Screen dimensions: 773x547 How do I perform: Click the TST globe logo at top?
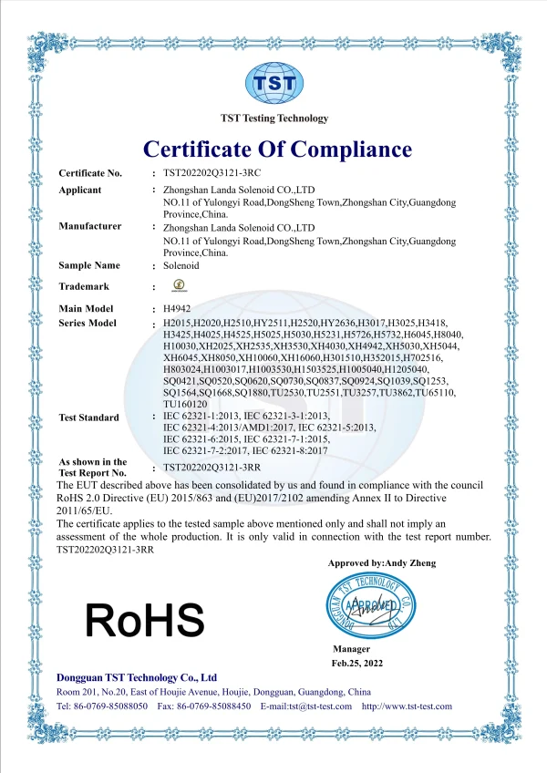coord(274,83)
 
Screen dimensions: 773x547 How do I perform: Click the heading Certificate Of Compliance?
coord(277,149)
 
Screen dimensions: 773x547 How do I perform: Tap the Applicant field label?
coord(81,190)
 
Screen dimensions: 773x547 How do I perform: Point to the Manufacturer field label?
coord(90,226)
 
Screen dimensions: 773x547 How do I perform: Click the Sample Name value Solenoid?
coord(181,265)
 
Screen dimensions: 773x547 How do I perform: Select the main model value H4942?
coord(178,309)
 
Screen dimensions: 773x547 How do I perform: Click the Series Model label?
coord(88,324)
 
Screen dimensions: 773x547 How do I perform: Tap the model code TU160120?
coord(188,403)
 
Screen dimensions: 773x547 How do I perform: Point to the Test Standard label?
coord(88,417)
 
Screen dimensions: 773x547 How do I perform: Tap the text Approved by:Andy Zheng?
coord(381,563)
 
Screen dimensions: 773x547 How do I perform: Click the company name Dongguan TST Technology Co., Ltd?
coord(137,677)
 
